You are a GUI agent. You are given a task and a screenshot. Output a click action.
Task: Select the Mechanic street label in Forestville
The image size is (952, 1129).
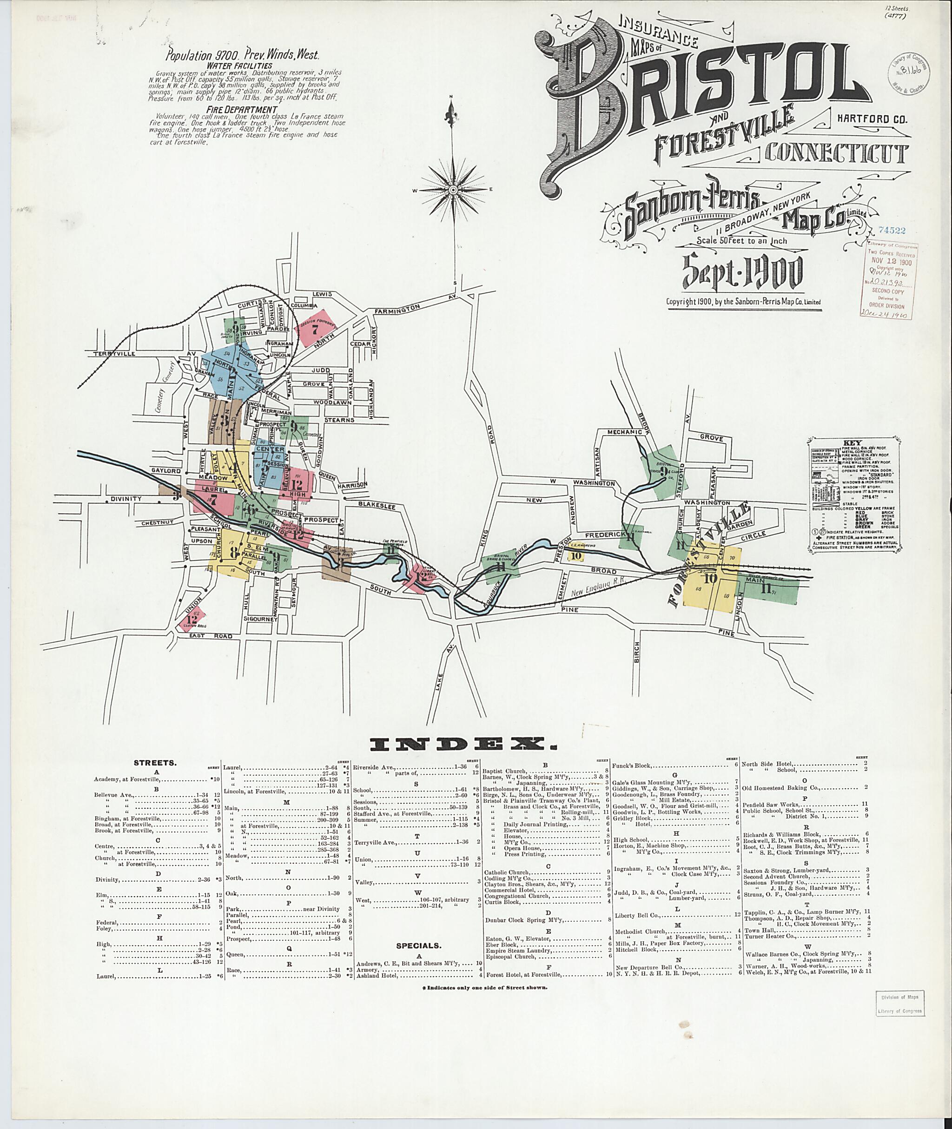point(623,432)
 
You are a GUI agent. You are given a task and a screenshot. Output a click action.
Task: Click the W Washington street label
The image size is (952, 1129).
point(582,482)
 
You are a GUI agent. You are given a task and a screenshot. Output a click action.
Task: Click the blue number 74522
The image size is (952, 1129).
point(892,231)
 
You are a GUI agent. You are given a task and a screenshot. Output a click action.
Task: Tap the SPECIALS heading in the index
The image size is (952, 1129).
point(419,945)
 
